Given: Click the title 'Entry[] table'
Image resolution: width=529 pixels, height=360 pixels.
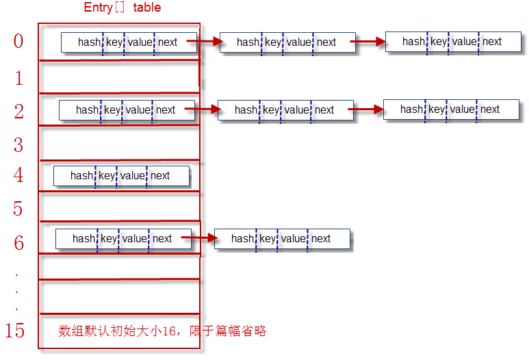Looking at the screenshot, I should point(122,8).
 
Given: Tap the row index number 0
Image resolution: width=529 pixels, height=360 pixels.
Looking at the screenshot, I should point(18,42).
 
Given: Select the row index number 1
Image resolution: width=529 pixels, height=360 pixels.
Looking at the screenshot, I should point(18,78).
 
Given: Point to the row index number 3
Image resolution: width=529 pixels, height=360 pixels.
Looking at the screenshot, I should point(18,145).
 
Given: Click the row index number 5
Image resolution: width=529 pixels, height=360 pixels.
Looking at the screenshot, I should point(18,208).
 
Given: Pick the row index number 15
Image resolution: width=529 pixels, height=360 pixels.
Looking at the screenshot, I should point(14,331).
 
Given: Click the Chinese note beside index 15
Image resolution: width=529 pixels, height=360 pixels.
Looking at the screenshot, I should point(162,331).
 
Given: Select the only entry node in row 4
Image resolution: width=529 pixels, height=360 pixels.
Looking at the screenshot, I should point(121,176).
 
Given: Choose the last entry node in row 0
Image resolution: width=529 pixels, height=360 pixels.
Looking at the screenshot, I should point(453,42).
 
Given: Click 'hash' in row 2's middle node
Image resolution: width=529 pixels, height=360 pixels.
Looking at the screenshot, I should point(246,110).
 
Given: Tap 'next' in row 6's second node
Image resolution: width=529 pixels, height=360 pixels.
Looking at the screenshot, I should point(321,239).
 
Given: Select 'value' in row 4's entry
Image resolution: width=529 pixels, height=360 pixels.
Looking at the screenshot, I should point(133,176).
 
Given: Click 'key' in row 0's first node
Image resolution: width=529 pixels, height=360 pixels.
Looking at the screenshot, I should point(114,42).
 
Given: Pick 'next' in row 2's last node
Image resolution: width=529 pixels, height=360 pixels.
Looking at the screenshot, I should point(490,110).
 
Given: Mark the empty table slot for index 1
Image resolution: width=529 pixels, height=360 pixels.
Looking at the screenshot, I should point(118,77).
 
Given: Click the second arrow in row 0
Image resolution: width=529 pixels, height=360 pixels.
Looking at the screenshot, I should point(370,42).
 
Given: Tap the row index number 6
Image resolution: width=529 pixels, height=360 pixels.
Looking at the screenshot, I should point(18,242).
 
